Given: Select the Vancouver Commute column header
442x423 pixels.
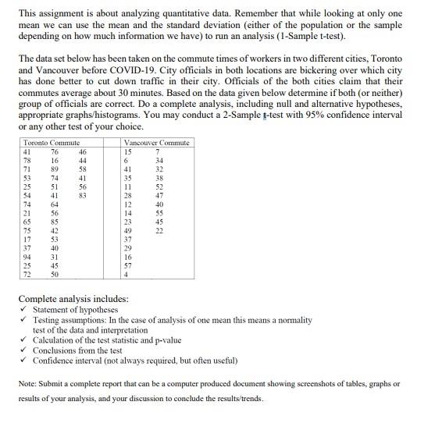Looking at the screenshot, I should (156, 143).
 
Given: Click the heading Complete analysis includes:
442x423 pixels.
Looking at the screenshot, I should (73, 299).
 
